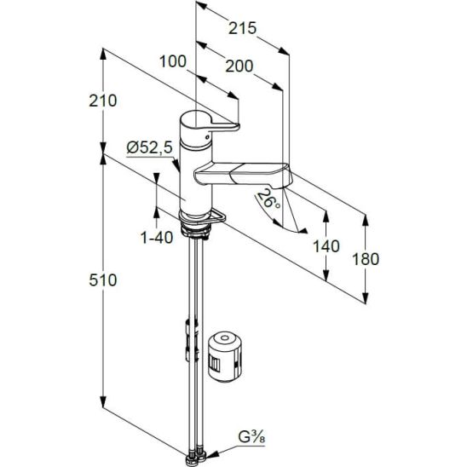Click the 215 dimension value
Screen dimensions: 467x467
click(242, 28)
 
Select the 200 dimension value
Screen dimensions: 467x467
click(239, 66)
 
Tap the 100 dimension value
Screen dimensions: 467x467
click(173, 61)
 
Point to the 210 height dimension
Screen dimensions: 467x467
click(103, 101)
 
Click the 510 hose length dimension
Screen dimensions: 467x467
click(103, 280)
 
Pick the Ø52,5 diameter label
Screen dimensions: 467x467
click(150, 147)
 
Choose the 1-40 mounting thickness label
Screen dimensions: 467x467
click(156, 238)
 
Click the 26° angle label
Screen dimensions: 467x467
click(268, 199)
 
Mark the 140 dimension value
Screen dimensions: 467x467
click(326, 246)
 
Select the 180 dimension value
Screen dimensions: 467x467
click(366, 259)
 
